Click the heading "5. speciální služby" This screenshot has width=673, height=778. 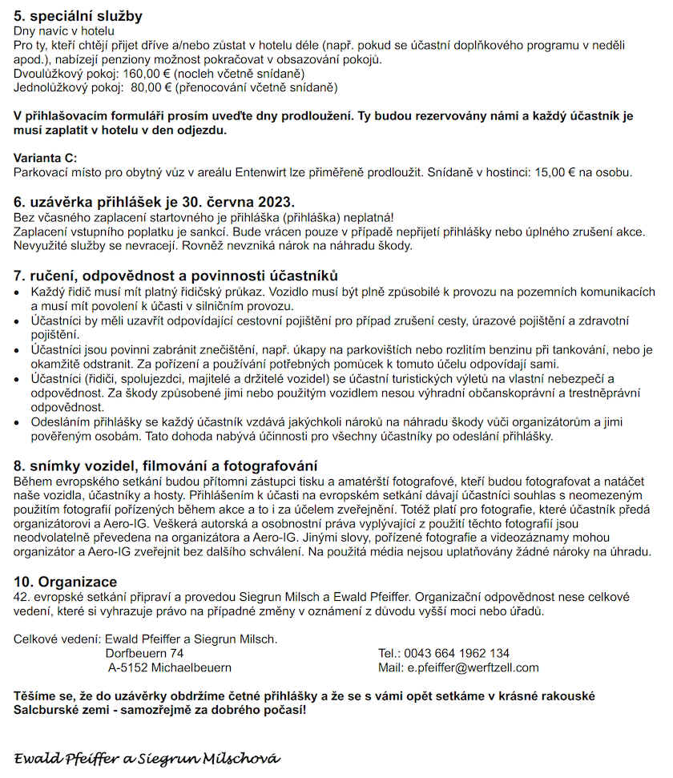point(78,16)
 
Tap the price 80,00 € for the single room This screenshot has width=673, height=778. point(151,87)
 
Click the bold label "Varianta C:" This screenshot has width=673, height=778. point(46,158)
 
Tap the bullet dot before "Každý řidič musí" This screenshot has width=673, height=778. point(18,292)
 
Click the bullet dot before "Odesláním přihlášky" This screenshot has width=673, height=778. point(18,422)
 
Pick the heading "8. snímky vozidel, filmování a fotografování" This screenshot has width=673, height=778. point(165,466)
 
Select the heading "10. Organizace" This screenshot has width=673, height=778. point(65,582)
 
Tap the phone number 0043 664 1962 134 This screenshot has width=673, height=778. point(457,653)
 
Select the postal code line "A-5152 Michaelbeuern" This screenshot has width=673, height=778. point(170,667)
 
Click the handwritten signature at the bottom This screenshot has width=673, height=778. point(147,757)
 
